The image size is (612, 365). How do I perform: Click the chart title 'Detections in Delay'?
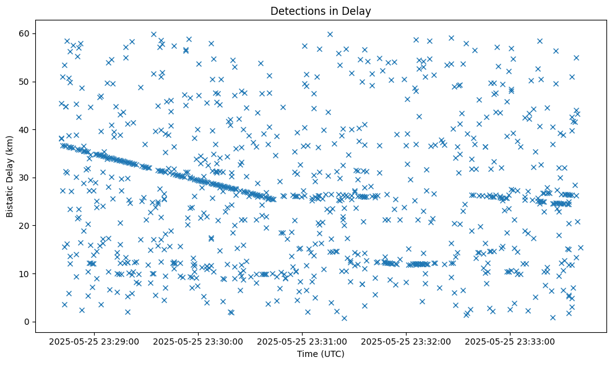321,11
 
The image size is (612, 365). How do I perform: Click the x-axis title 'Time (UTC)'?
321,354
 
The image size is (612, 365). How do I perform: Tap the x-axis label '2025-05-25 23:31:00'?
303,341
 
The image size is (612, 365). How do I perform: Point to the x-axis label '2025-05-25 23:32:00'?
407,341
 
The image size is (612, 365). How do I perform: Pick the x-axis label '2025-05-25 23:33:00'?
511,341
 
